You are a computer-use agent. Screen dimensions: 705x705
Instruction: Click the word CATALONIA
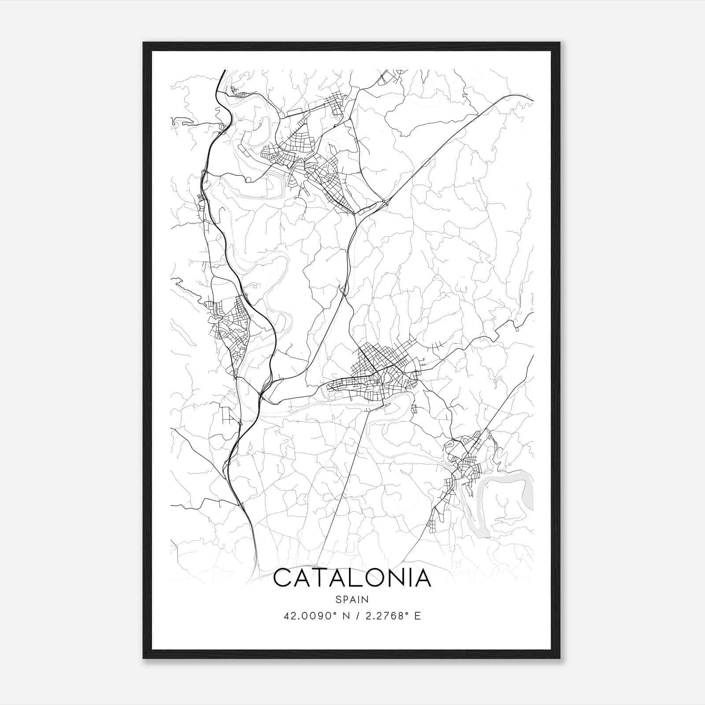352,578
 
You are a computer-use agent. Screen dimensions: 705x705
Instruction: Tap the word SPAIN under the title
352,599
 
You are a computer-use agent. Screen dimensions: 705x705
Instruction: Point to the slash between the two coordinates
356,616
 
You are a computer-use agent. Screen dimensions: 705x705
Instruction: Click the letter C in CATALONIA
282,578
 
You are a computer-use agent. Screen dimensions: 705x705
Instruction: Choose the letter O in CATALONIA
371,578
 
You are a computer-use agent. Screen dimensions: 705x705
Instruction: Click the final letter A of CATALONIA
421,578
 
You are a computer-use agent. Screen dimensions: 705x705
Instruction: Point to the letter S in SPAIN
338,599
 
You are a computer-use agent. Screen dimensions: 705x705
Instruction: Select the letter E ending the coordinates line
418,616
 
